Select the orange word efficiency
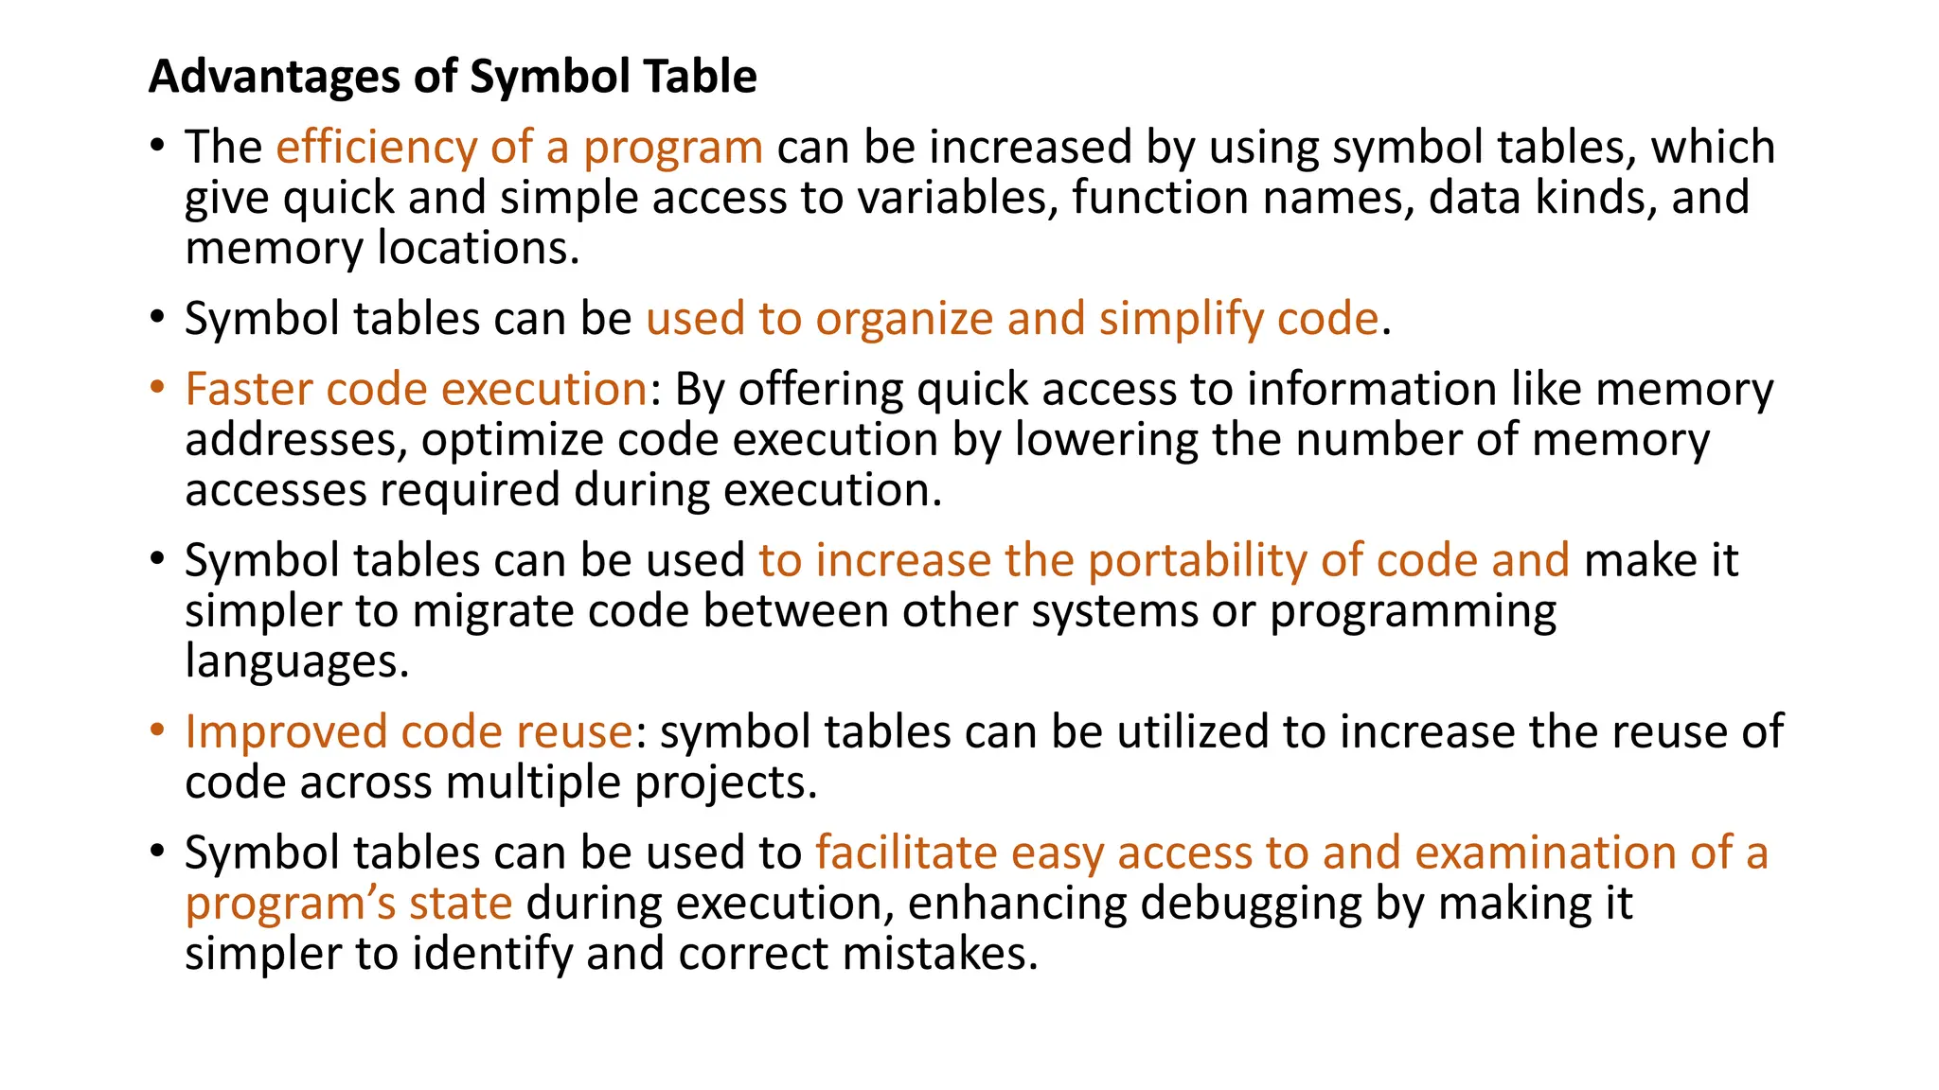coord(376,148)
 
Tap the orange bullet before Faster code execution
coord(157,388)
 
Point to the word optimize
coord(511,440)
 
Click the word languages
coord(296,661)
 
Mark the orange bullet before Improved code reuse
coord(157,730)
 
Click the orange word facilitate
coord(906,853)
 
